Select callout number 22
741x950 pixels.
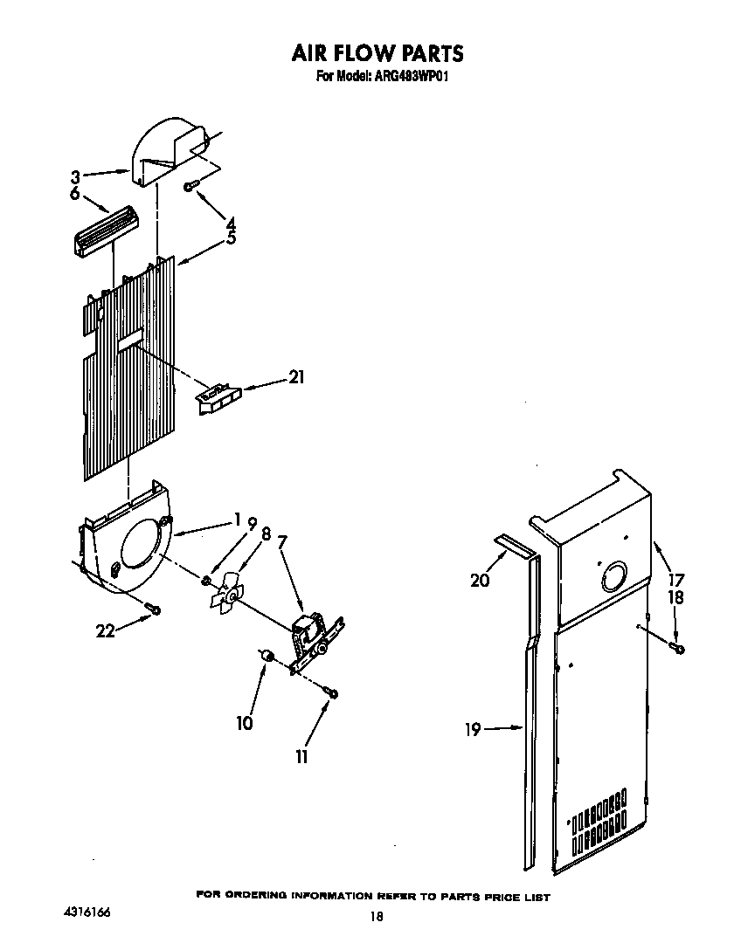pyautogui.click(x=105, y=630)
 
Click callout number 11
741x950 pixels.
pyautogui.click(x=301, y=757)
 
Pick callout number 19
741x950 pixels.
pyautogui.click(x=473, y=729)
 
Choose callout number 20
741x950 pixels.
pyautogui.click(x=480, y=580)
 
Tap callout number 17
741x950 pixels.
pyautogui.click(x=675, y=578)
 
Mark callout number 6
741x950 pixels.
pyautogui.click(x=75, y=193)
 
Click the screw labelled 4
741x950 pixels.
pyautogui.click(x=190, y=184)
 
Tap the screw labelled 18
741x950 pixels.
pyautogui.click(x=678, y=647)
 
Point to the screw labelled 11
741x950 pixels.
pyautogui.click(x=331, y=692)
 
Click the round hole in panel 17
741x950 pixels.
pyautogui.click(x=613, y=576)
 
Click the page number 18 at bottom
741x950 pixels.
pyautogui.click(x=377, y=917)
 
